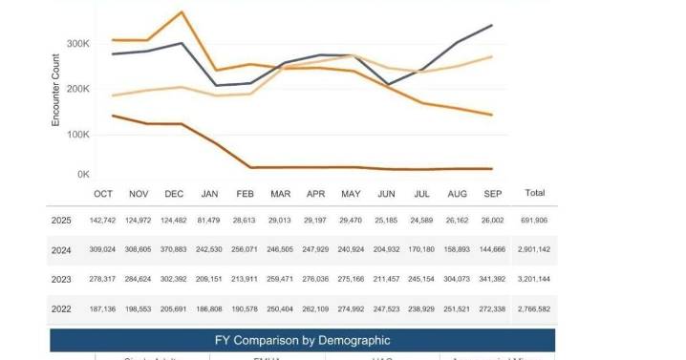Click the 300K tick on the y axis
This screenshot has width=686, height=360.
click(x=76, y=44)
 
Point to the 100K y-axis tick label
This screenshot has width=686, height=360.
click(x=76, y=134)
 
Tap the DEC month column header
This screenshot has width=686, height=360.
click(x=174, y=194)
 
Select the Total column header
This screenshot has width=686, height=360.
click(x=535, y=193)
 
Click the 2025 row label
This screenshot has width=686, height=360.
click(x=62, y=220)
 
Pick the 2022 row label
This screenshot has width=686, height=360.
click(x=62, y=309)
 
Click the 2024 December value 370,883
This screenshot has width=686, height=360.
click(x=174, y=249)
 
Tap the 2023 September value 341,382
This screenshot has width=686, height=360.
click(x=492, y=280)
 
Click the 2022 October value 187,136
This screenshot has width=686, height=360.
click(x=102, y=309)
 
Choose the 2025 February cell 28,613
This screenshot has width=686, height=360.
click(x=245, y=220)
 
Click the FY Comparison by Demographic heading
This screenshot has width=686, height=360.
click(x=303, y=340)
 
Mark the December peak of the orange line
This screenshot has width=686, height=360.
click(x=182, y=12)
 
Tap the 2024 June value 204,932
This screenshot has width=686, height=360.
click(x=386, y=249)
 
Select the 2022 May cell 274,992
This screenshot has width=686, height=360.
click(x=351, y=309)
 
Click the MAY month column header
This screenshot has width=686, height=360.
click(x=351, y=194)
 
